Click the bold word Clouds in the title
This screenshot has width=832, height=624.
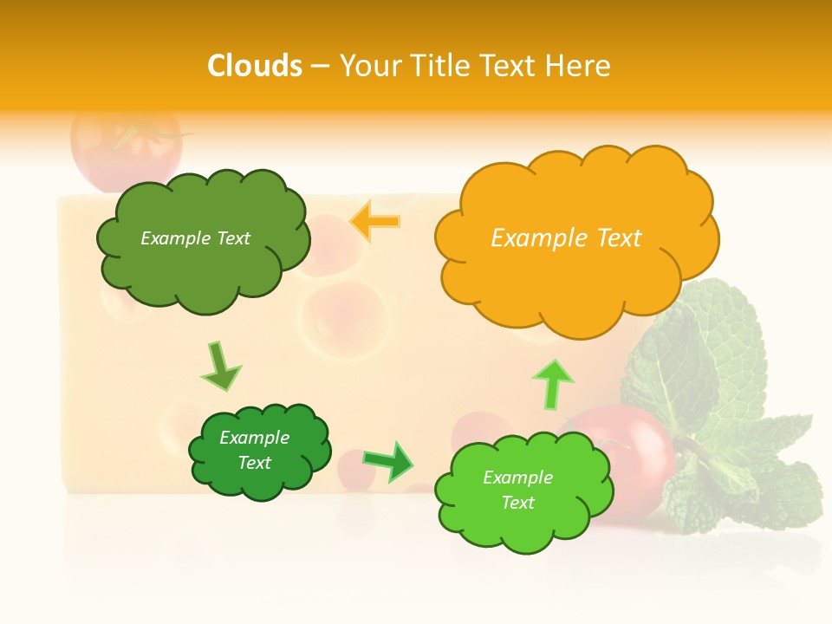click(x=255, y=66)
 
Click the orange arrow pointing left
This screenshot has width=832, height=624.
click(x=375, y=222)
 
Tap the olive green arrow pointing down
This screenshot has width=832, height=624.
click(x=220, y=367)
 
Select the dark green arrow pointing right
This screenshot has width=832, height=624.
click(x=388, y=462)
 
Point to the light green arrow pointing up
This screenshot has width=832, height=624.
click(x=552, y=384)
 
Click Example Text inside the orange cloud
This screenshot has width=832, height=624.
click(x=566, y=238)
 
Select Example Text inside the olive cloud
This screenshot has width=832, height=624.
click(x=195, y=238)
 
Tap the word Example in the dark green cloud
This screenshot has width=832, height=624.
click(x=254, y=438)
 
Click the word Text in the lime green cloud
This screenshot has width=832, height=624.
click(x=517, y=503)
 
